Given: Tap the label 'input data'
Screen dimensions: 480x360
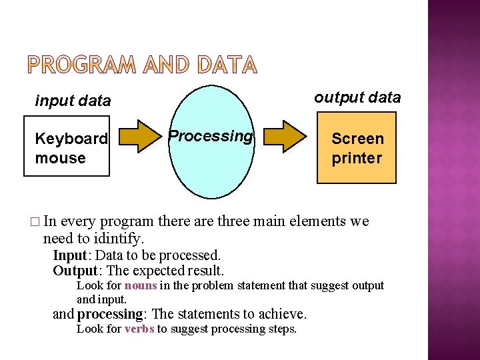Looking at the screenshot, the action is click(x=73, y=101).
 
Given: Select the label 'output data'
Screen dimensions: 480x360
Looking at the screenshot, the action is click(x=357, y=97).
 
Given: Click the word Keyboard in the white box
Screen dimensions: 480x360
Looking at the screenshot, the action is click(x=71, y=139).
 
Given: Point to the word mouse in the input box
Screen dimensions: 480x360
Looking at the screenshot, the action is click(x=61, y=158).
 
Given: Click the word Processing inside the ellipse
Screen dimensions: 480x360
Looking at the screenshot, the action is click(x=210, y=136).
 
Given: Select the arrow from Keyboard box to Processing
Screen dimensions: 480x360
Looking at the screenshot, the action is click(x=140, y=137).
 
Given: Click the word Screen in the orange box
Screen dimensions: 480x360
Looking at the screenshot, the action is click(x=357, y=139).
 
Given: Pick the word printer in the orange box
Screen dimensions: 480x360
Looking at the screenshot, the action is click(x=357, y=158).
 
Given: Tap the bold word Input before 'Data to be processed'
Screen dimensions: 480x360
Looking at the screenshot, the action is click(x=69, y=255).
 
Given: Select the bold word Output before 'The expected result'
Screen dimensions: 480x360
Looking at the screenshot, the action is click(x=75, y=271).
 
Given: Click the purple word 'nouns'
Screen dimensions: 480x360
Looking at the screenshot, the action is click(x=141, y=285).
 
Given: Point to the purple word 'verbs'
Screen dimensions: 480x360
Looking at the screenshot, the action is click(x=139, y=329).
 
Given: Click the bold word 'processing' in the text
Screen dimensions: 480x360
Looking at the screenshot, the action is click(x=110, y=314).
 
